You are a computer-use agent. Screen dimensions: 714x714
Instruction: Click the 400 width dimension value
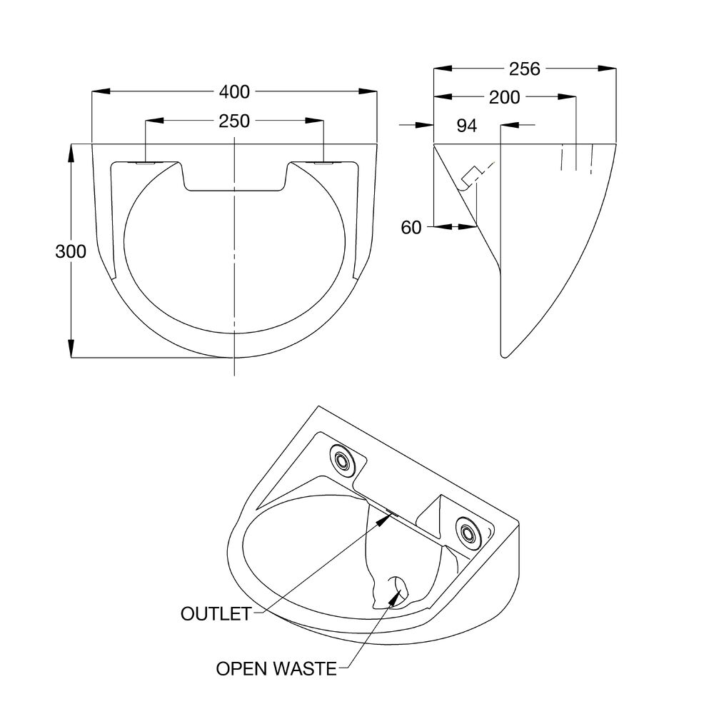234,92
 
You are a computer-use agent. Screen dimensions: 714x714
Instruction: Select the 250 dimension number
234,121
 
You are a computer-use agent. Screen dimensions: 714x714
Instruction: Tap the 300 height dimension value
71,251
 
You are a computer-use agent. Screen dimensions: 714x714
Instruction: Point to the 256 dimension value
525,69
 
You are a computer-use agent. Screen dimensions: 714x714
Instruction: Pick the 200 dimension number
505,97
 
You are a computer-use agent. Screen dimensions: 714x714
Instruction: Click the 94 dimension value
466,126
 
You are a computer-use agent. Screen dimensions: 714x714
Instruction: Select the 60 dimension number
411,228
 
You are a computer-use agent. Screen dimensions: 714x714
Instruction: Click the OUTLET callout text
216,613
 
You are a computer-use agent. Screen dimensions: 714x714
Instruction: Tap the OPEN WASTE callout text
276,669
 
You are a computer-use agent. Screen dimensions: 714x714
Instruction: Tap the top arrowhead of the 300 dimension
71,152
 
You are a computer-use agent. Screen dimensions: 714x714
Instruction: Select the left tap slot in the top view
146,164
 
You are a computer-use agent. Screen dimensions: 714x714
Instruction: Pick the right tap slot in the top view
323,164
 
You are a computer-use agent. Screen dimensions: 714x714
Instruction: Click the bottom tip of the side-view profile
506,354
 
